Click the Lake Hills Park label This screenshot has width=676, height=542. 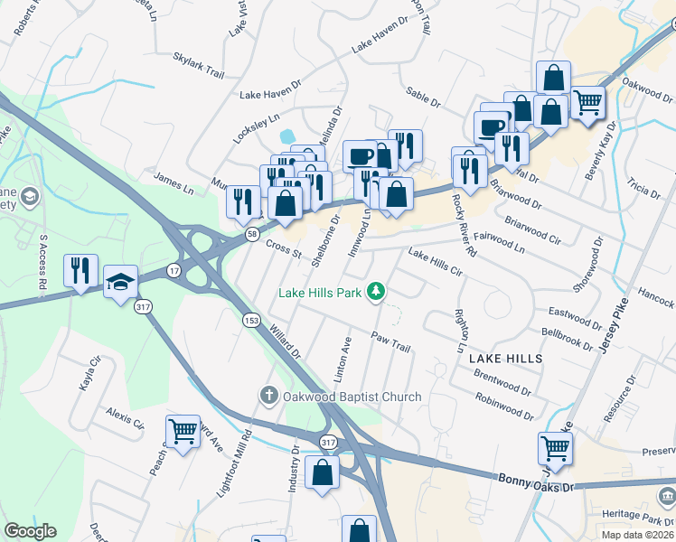tap(320, 292)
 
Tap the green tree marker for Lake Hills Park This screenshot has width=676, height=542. tap(379, 292)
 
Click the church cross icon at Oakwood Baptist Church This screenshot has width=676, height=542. tap(268, 396)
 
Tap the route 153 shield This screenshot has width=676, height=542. tap(251, 319)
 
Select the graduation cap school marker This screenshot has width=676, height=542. tap(119, 282)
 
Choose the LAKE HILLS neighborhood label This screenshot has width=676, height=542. tap(506, 359)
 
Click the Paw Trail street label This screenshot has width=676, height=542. tap(390, 341)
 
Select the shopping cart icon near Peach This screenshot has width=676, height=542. tap(183, 432)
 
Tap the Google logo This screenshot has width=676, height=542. tap(30, 531)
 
